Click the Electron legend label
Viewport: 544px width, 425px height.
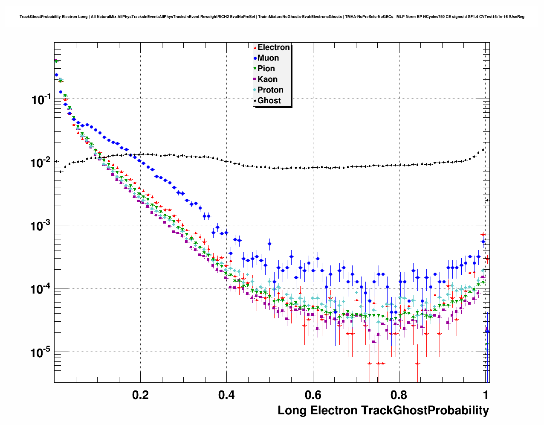point(274,47)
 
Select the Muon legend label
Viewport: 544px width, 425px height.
point(268,58)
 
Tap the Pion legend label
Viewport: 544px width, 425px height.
point(266,69)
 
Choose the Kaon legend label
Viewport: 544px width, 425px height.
point(267,79)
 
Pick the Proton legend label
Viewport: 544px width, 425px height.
point(270,90)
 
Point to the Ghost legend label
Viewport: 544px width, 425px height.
point(269,101)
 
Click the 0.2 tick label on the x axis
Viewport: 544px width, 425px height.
point(140,395)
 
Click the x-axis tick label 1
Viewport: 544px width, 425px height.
point(486,395)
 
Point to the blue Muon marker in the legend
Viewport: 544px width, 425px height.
point(255,58)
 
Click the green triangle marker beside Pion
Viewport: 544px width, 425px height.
point(255,69)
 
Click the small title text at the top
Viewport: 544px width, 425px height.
point(272,17)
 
